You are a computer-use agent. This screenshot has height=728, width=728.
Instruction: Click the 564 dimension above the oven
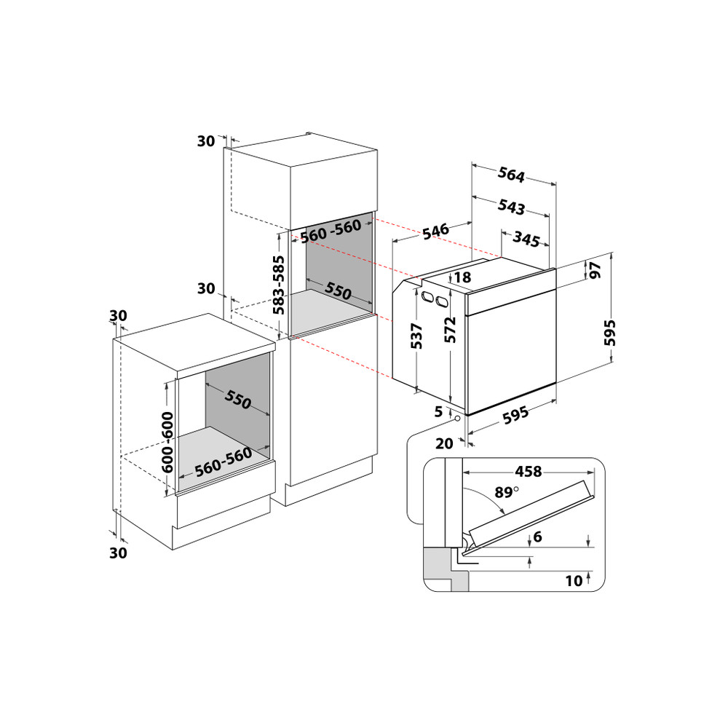(x=511, y=175)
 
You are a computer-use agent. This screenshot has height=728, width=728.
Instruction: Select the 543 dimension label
(x=511, y=207)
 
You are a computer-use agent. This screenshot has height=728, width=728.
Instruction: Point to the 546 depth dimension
(x=436, y=231)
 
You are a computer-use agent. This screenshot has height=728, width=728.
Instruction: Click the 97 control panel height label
(x=595, y=270)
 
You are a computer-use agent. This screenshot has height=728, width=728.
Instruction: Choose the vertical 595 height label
(x=609, y=333)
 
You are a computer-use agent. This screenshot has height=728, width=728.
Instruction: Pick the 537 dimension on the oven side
(x=416, y=336)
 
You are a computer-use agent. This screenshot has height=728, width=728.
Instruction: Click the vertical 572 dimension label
(x=450, y=330)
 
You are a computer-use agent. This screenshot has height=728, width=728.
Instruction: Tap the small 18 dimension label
(x=462, y=277)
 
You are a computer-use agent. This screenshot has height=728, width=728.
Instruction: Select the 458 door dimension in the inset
(x=529, y=472)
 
